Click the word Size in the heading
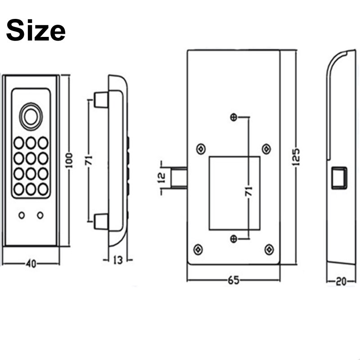(x=36, y=31)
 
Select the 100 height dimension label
(x=69, y=160)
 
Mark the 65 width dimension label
(x=233, y=280)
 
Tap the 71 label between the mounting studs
(x=89, y=160)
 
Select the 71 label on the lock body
(x=249, y=191)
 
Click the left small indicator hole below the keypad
(x=22, y=216)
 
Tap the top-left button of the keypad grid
(x=19, y=143)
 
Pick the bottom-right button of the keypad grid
(x=43, y=189)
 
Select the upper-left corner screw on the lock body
(x=201, y=148)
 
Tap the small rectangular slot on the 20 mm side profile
(x=338, y=177)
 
